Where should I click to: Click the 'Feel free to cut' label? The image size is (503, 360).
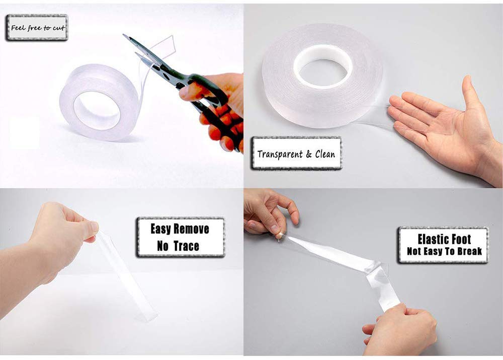pos(37,28)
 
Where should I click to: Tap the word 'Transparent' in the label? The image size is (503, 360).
pos(280,154)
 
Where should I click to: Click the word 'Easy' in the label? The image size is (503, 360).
pos(160,229)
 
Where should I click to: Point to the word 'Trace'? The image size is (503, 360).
pos(187,246)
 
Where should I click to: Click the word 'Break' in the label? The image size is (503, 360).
pos(470,251)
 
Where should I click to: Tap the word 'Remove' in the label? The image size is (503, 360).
pos(192,229)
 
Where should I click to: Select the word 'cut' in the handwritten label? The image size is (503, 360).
pos(59,28)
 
